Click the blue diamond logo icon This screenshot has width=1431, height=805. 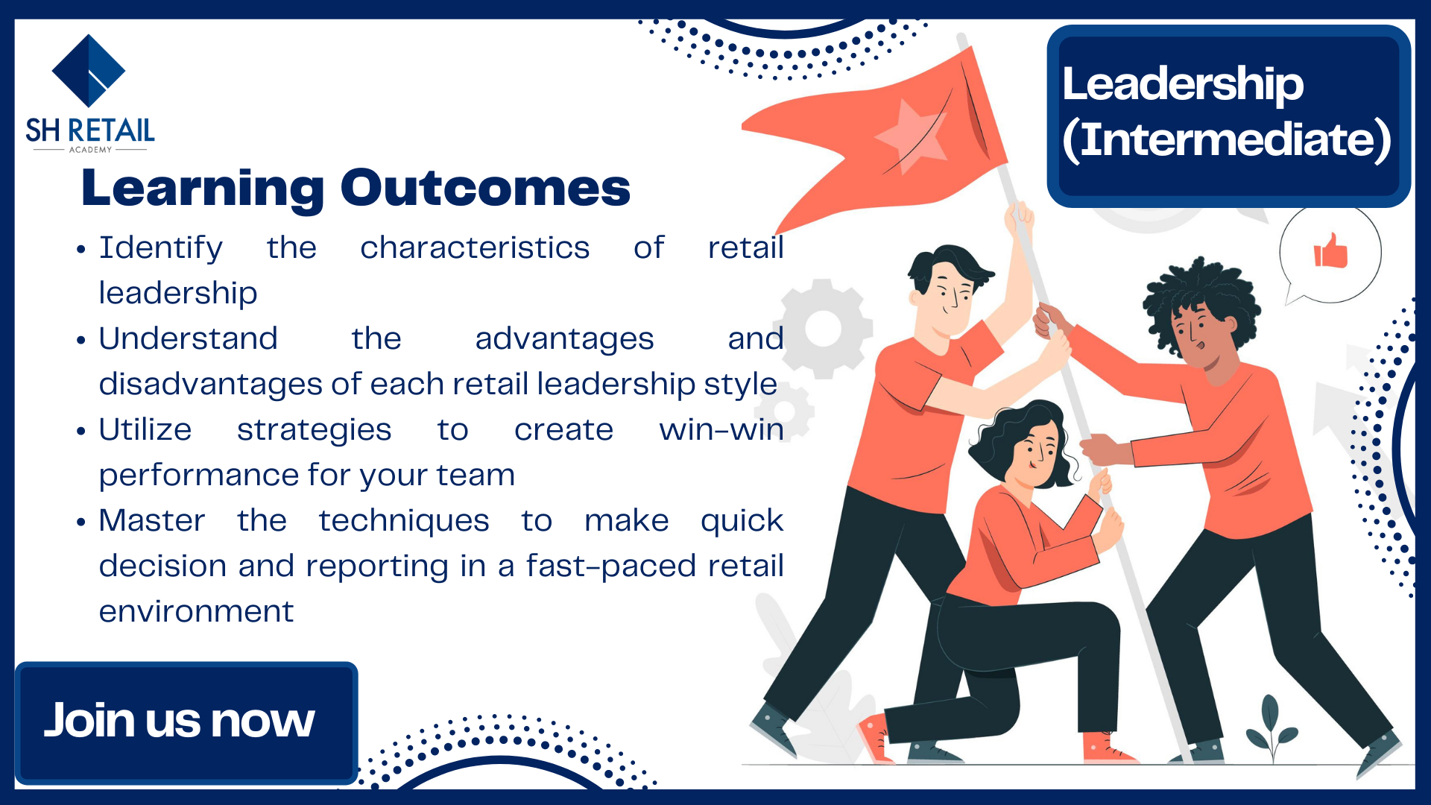point(89,71)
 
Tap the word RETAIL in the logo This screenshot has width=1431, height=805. point(111,130)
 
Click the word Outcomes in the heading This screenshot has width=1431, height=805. point(485,188)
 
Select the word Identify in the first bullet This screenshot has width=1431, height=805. point(161,248)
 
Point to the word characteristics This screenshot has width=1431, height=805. point(475,247)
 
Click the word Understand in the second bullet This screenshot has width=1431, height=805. point(189,338)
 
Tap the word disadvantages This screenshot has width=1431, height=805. point(211,384)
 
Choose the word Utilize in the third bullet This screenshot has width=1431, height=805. point(145,429)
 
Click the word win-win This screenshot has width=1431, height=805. point(721,430)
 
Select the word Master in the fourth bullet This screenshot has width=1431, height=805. point(152,520)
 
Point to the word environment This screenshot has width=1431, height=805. point(197,612)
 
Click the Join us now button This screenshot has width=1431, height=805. point(186,722)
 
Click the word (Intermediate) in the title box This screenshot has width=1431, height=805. point(1227,140)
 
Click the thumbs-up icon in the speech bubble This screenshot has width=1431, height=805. point(1330,250)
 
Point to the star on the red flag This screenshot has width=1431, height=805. point(911,137)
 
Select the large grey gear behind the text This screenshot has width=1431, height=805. point(824,329)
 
